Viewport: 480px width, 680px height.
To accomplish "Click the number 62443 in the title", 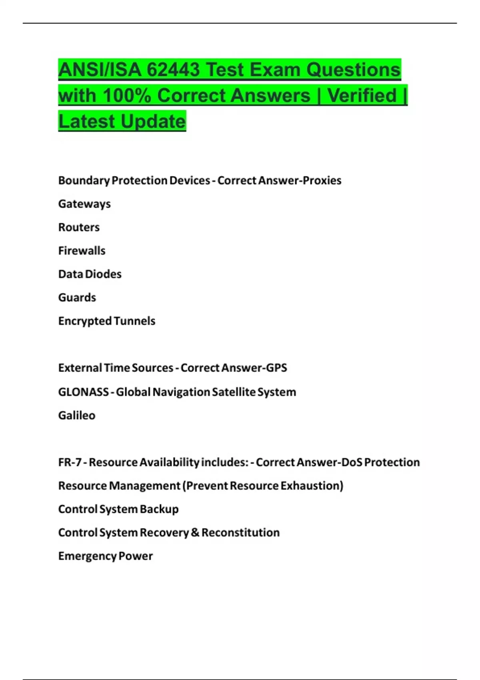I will click(173, 70).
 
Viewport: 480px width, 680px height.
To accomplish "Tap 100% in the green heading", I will click(127, 96).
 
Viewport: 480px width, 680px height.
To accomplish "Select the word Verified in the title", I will click(362, 96).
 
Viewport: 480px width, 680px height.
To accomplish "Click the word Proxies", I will click(322, 180).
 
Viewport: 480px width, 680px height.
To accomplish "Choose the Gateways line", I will click(84, 204).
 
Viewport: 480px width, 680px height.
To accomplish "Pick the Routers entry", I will click(79, 227).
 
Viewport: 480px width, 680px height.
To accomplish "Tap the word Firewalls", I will click(82, 251).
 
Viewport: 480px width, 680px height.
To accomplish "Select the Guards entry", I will click(77, 298).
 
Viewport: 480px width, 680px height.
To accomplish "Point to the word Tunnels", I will click(134, 321).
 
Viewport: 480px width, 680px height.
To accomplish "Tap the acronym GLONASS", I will click(83, 392).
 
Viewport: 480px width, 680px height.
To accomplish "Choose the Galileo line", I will click(77, 415).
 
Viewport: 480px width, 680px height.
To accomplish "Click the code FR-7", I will click(70, 462).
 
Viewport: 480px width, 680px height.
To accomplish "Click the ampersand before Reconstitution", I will click(195, 533).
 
